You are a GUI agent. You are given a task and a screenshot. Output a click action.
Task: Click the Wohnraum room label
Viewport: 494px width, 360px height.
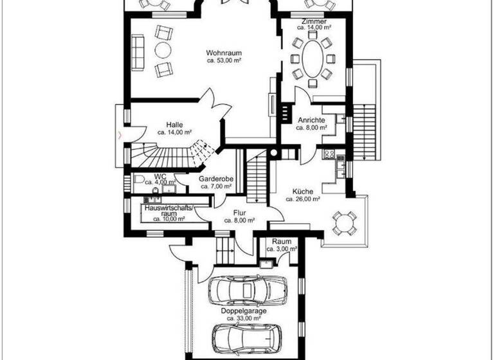223,52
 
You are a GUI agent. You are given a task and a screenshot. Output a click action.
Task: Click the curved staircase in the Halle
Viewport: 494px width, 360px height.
174,153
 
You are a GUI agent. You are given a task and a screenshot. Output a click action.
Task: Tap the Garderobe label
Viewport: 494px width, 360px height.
215,179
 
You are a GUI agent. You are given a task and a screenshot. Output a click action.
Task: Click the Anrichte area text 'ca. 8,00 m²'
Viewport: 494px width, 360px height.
312,128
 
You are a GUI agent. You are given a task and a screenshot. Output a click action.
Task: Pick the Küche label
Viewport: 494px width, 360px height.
302,191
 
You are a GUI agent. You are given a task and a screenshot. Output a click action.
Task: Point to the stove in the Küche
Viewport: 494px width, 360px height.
329,154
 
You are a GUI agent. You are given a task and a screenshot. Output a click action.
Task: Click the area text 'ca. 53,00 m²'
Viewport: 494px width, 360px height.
223,60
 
